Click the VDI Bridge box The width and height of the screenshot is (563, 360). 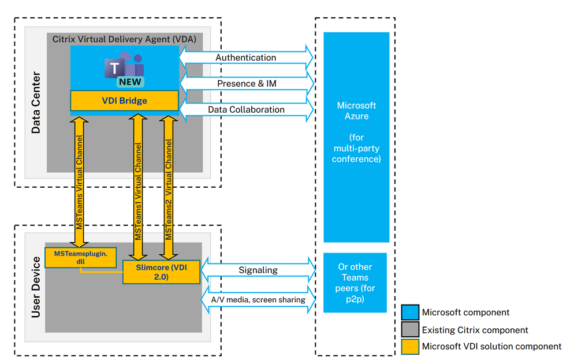point(124,101)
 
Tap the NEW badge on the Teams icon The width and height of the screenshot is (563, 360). point(131,81)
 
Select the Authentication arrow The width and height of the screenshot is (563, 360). point(246,58)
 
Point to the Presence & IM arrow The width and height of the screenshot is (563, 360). point(246,84)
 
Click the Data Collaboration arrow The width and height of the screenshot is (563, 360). point(246,109)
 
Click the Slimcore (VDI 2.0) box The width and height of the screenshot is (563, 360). point(161,272)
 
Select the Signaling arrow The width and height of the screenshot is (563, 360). point(258,270)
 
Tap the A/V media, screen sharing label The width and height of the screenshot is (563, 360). point(258,299)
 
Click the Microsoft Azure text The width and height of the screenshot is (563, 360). point(356,111)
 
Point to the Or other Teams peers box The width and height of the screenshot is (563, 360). point(355,283)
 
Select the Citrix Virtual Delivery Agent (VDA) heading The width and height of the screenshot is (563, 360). point(124,39)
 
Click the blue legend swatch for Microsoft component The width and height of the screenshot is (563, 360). point(410,313)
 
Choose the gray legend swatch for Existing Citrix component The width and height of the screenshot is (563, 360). point(410,330)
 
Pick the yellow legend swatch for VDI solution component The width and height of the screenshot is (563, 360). point(410,346)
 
